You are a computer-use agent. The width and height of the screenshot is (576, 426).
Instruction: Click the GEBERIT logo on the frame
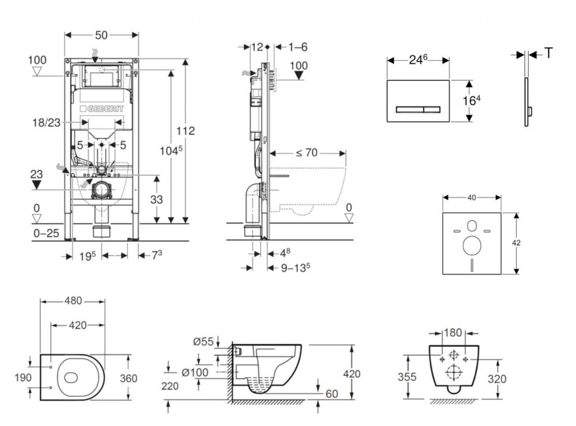103,108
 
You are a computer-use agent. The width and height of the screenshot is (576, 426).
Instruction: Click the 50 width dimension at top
101,35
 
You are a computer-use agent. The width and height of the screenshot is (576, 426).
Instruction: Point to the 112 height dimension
186,131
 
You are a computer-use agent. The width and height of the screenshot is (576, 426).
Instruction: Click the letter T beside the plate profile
548,53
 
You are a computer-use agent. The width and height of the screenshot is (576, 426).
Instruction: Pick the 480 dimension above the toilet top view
73,301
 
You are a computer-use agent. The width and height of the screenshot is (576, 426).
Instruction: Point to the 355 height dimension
407,377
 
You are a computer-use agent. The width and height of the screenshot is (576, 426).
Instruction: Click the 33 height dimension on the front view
157,199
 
